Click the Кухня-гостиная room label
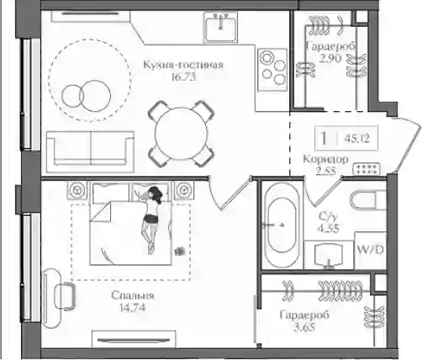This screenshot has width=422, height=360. pyautogui.click(x=183, y=65)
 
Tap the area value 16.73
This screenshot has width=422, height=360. pyautogui.click(x=183, y=77)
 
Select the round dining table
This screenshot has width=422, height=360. pyautogui.click(x=182, y=134)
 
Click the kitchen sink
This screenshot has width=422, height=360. pyautogui.click(x=220, y=27)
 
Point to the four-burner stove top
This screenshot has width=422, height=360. pyautogui.click(x=272, y=70)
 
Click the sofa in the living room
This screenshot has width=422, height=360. pyautogui.click(x=90, y=151)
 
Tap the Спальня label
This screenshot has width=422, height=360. pyautogui.click(x=133, y=295)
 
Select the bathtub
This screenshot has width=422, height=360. pyautogui.click(x=282, y=225)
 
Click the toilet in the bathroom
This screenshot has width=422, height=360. pyautogui.click(x=368, y=200)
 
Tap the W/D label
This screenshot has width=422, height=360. pyautogui.click(x=370, y=250)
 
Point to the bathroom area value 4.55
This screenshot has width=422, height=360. pyautogui.click(x=328, y=228)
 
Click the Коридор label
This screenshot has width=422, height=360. pyautogui.click(x=326, y=159)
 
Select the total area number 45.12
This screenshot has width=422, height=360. pyautogui.click(x=357, y=138)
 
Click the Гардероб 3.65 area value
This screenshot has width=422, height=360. pyautogui.click(x=304, y=327)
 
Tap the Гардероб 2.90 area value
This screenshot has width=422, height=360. pyautogui.click(x=330, y=58)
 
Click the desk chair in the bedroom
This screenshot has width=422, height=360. pyautogui.click(x=65, y=296)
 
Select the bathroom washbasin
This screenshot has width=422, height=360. pyautogui.click(x=329, y=255)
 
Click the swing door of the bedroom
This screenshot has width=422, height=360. pyautogui.click(x=228, y=193)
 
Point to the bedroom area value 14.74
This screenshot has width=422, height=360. pyautogui.click(x=132, y=308)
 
